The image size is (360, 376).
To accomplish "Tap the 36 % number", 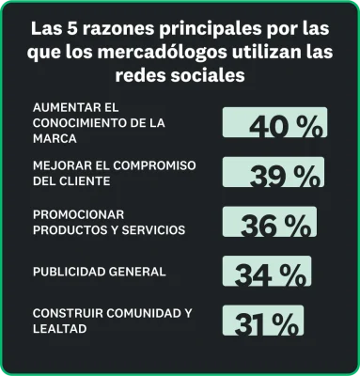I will coord(274,227).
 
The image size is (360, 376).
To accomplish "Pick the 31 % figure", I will coord(265,324).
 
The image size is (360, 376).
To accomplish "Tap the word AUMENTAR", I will coord(63,105).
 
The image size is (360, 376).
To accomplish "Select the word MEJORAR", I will coord(59,165).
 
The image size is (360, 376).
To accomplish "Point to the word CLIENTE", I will coord(83,180).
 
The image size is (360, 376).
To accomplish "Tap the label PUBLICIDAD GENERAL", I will coord(99,272).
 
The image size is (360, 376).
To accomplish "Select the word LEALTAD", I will coord(59,328).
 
